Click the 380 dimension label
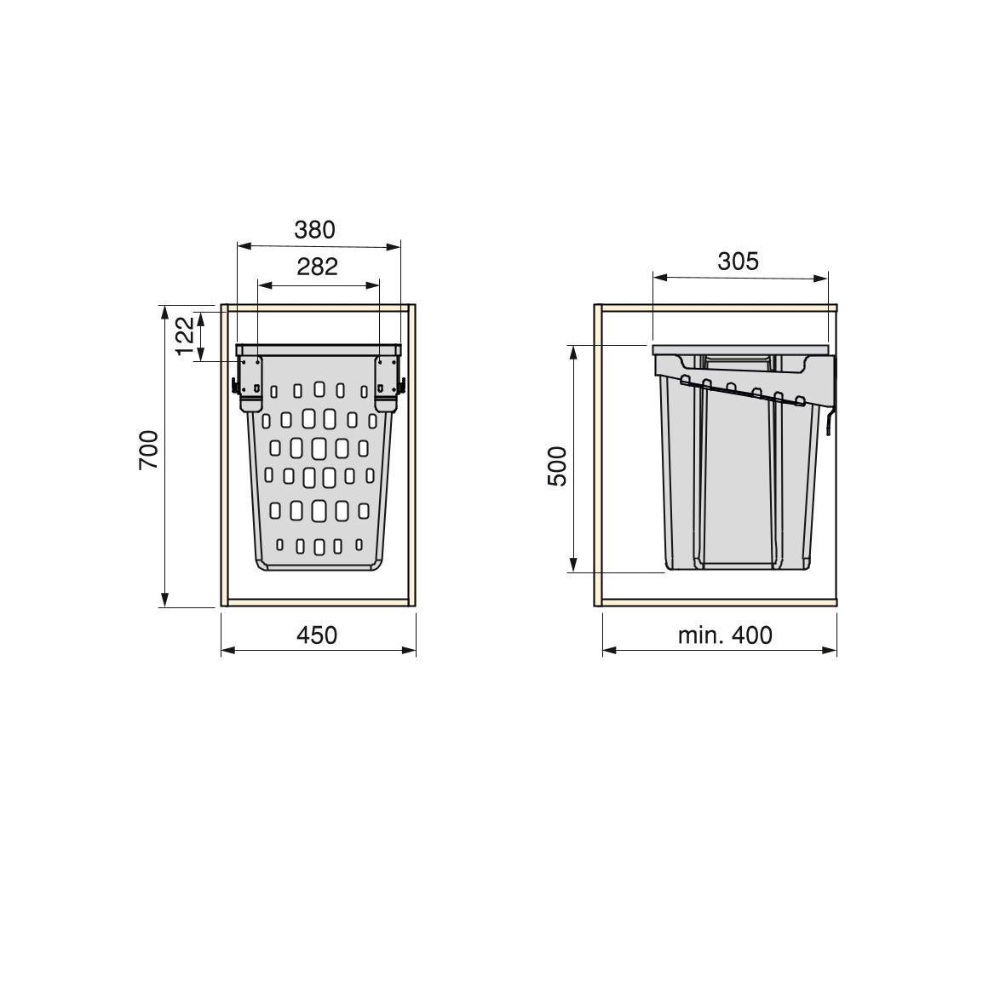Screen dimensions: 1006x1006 [x=314, y=230]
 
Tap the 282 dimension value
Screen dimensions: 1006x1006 [x=317, y=267]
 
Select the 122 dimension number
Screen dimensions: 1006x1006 [x=184, y=336]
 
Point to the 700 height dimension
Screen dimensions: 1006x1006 [x=148, y=450]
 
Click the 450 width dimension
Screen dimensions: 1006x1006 [x=317, y=635]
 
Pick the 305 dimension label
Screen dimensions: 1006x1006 [x=738, y=262]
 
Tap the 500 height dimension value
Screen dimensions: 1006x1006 [x=558, y=467]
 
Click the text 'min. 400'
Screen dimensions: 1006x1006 [x=725, y=635]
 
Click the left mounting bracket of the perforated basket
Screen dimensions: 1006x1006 [x=250, y=383]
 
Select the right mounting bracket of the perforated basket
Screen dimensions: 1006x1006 [x=387, y=383]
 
